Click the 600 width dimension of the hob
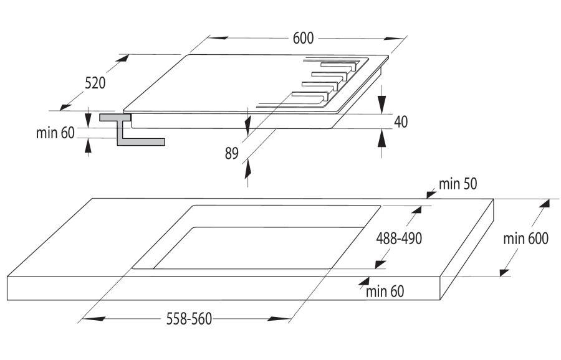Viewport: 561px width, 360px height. (x=302, y=38)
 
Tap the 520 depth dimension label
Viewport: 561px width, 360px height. (x=95, y=83)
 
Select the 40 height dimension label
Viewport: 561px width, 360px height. (x=400, y=122)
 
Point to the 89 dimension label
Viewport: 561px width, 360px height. (x=232, y=153)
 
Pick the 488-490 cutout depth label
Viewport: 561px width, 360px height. (x=403, y=239)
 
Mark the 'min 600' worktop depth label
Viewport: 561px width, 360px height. (x=527, y=239)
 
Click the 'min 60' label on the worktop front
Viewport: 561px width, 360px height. (x=385, y=290)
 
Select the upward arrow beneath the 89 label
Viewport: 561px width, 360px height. (x=248, y=166)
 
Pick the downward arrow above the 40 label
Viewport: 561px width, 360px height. (x=381, y=103)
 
